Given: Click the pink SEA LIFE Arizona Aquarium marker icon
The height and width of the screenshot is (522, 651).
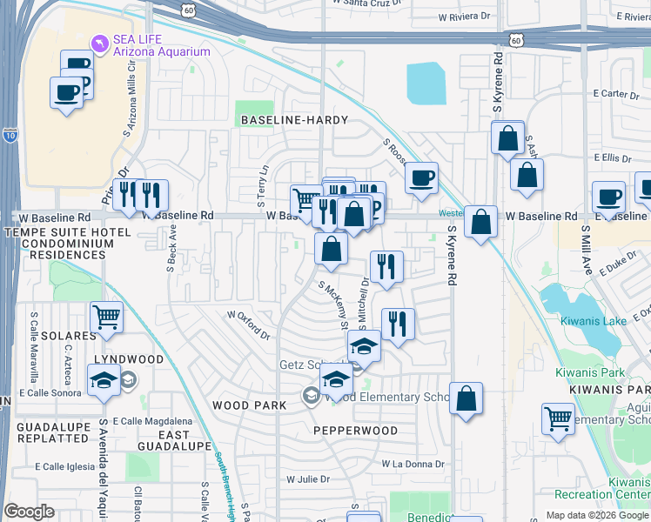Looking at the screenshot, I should [x=99, y=43].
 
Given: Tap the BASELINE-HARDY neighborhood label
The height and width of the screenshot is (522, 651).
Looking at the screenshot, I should [x=295, y=120].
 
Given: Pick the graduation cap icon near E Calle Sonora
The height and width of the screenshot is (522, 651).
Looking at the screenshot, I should [x=104, y=380].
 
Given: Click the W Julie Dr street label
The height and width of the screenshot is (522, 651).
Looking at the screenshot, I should [x=309, y=478].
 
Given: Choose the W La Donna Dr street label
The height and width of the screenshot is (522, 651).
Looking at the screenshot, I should [x=413, y=464].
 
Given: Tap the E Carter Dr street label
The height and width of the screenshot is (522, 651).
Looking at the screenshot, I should [x=611, y=93].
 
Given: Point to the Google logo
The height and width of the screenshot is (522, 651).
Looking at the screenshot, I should [x=30, y=512].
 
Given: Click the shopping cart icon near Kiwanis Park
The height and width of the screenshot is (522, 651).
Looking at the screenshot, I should [x=558, y=418].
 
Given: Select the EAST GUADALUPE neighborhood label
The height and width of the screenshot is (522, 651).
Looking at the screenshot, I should [x=185, y=440].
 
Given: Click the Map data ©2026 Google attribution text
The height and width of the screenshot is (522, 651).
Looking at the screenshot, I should [x=596, y=515].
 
